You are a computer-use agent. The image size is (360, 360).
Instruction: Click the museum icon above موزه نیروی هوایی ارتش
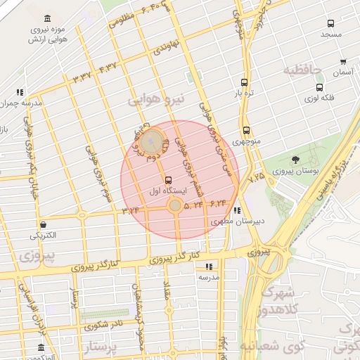(47, 18)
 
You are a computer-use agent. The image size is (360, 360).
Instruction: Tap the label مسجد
(330, 34)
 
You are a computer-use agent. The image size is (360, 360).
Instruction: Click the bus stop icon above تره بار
(244, 82)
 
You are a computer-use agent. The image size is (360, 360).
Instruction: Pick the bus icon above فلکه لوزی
(320, 88)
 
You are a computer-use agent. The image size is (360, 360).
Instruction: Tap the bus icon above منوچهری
(246, 130)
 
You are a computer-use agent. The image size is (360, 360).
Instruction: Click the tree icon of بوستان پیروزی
(295, 160)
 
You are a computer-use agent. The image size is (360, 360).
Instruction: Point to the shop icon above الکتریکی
(44, 225)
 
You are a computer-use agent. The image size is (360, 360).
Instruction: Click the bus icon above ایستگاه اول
(167, 179)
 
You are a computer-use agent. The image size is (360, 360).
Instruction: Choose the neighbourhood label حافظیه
(302, 70)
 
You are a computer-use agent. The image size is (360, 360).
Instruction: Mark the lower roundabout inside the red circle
(174, 205)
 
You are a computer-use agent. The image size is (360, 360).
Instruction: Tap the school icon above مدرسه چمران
(20, 91)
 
